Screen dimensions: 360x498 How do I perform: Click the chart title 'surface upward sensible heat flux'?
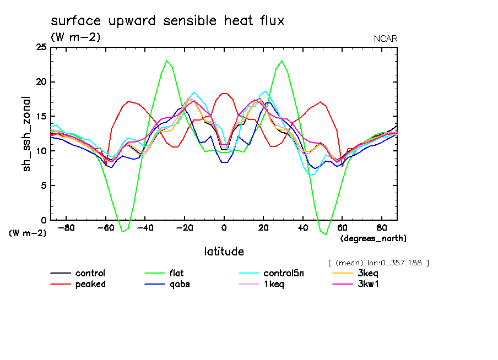pyautogui.click(x=167, y=21)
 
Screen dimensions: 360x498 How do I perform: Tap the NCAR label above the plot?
pyautogui.click(x=385, y=39)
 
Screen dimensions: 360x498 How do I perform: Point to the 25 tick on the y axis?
pyautogui.click(x=41, y=48)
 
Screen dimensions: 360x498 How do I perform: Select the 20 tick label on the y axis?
pyautogui.click(x=41, y=82)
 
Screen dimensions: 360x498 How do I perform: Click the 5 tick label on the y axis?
pyautogui.click(x=44, y=186)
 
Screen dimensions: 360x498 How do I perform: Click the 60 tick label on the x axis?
pyautogui.click(x=342, y=227)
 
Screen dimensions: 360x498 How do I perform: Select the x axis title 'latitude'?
pyautogui.click(x=224, y=252)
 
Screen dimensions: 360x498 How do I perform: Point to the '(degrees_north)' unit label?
pyautogui.click(x=373, y=238)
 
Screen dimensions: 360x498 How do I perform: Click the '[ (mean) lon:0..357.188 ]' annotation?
pyautogui.click(x=378, y=263)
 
